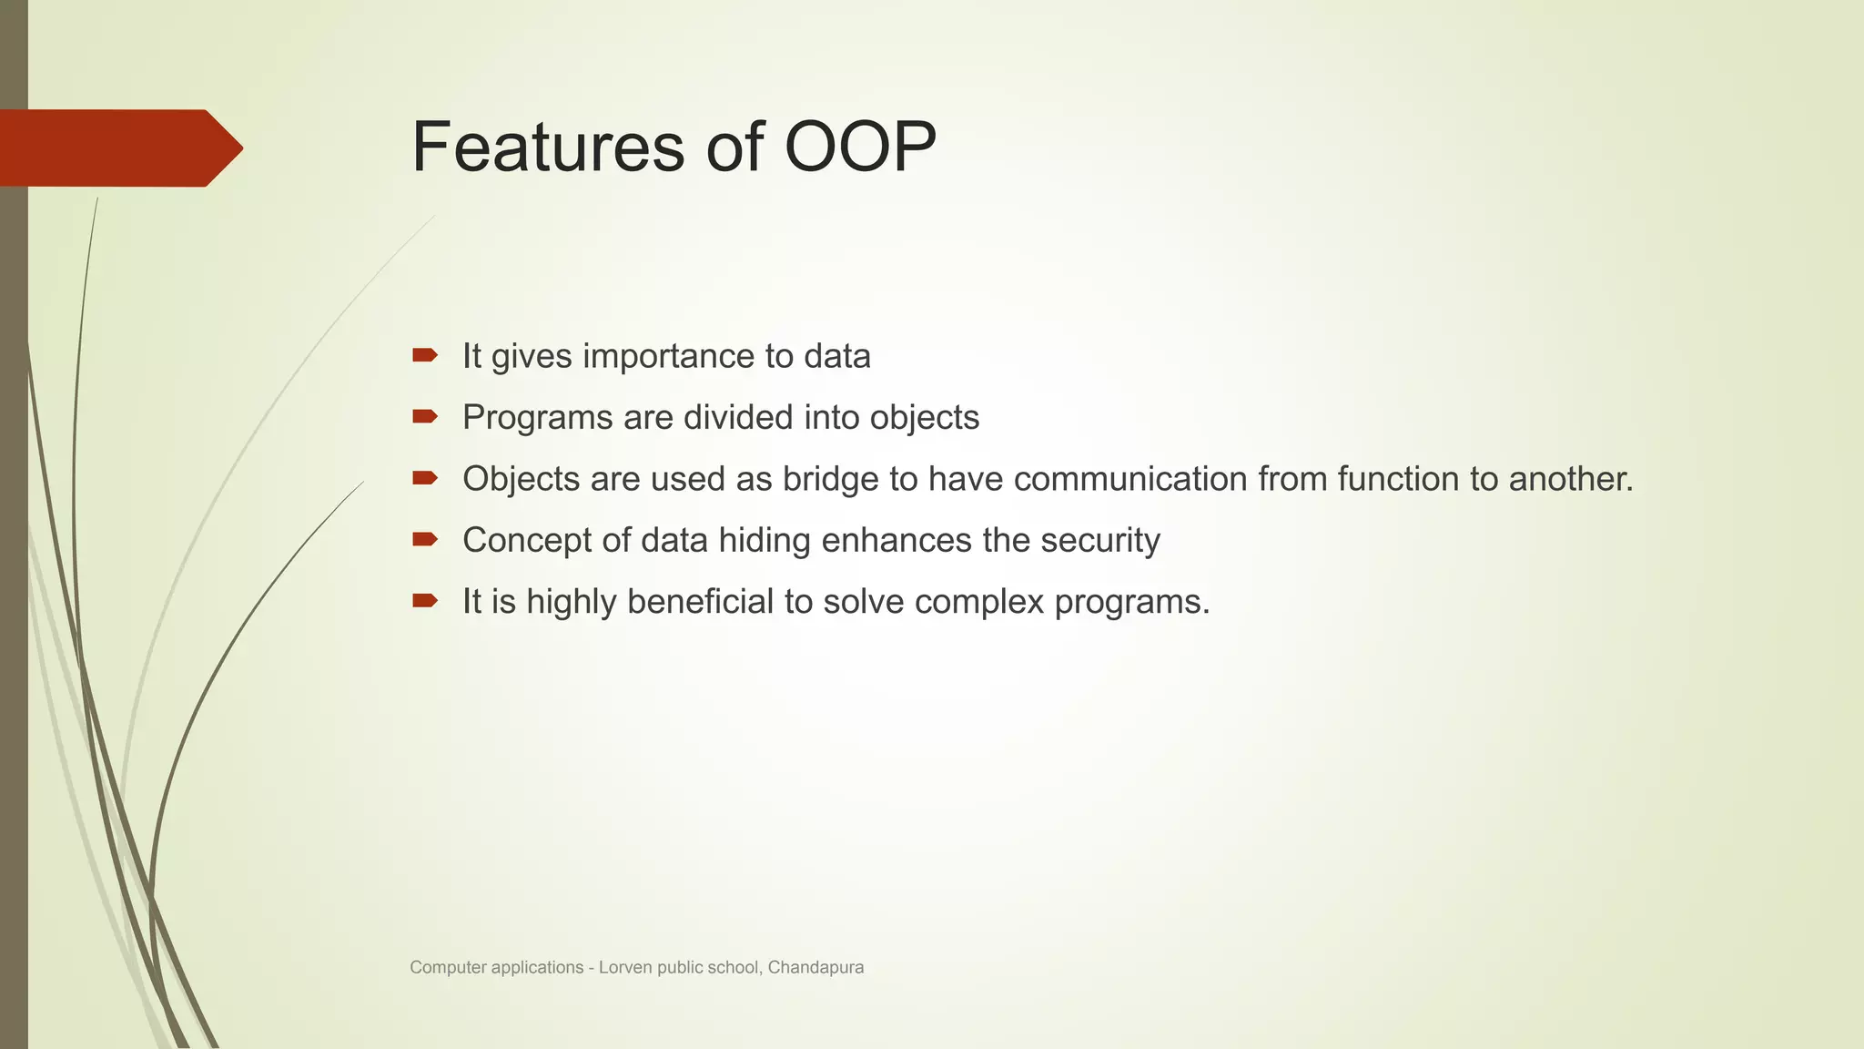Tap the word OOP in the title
coord(859,148)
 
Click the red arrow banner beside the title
coord(118,148)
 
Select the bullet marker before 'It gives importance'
coord(424,355)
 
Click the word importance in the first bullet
coord(668,356)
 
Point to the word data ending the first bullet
coord(836,356)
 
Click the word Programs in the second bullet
coord(537,418)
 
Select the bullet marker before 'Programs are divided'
coord(424,416)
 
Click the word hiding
coord(764,541)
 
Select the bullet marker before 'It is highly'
coord(424,600)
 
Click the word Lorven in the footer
coord(625,968)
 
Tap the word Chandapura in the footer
coord(815,968)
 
